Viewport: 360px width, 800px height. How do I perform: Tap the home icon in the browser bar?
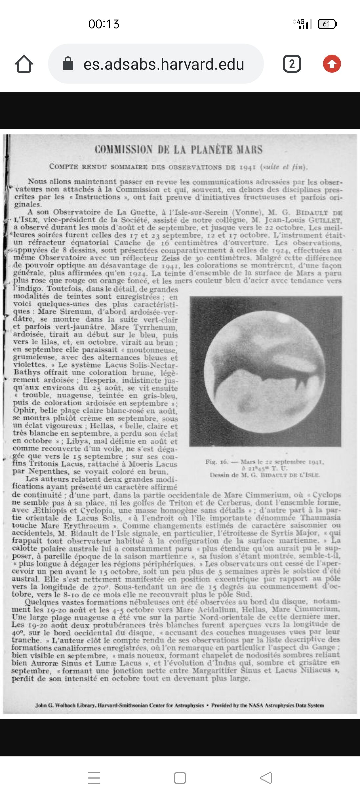point(24,64)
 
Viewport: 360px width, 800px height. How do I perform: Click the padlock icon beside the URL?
point(68,64)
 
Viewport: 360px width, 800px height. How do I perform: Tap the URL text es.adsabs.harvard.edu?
point(164,64)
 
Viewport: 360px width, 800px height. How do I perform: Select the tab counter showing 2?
point(292,64)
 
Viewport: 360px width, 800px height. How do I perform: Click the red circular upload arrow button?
point(332,64)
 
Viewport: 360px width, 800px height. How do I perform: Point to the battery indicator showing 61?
point(327,24)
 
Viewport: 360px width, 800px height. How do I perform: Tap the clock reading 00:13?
point(104,24)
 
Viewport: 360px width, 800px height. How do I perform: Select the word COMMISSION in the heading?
point(124,150)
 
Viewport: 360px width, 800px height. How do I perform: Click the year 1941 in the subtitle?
point(248,167)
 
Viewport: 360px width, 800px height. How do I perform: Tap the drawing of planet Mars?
point(265,371)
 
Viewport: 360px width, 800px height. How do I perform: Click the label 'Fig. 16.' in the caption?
point(217,462)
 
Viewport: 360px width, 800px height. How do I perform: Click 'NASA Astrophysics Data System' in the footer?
point(286,705)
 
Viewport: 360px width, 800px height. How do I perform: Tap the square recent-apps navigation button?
point(180,778)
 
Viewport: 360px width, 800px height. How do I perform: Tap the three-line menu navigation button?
point(94,778)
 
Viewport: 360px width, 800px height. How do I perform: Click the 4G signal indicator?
point(303,24)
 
